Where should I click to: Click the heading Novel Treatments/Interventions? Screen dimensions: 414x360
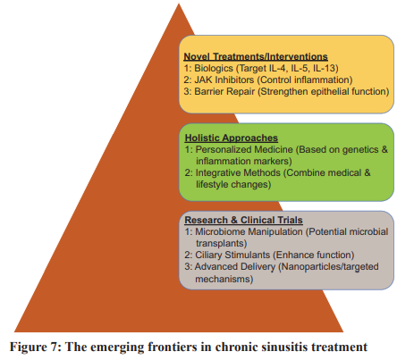coord(256,56)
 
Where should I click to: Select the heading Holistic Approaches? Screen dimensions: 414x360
coord(232,138)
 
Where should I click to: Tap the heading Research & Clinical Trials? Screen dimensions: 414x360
coord(243,220)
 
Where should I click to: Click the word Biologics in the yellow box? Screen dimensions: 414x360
coord(214,68)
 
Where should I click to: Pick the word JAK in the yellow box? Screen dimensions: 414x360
coord(204,80)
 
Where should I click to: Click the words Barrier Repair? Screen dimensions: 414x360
coord(224,91)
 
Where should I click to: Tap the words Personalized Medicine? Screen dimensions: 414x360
coord(244,149)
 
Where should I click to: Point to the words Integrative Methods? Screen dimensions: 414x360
coord(238,172)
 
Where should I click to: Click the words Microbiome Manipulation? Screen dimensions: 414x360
coord(249,231)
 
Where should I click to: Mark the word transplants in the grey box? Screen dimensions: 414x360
coord(220,243)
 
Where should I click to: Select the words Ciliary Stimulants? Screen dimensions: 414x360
coord(232,255)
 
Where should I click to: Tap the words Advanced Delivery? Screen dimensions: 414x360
coord(235,266)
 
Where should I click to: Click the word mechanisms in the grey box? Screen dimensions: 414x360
coord(223,279)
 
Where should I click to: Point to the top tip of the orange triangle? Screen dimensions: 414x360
coord(179,4)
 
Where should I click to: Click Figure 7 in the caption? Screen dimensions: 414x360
coord(34,347)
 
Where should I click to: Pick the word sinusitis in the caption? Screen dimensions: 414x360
coord(281,347)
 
